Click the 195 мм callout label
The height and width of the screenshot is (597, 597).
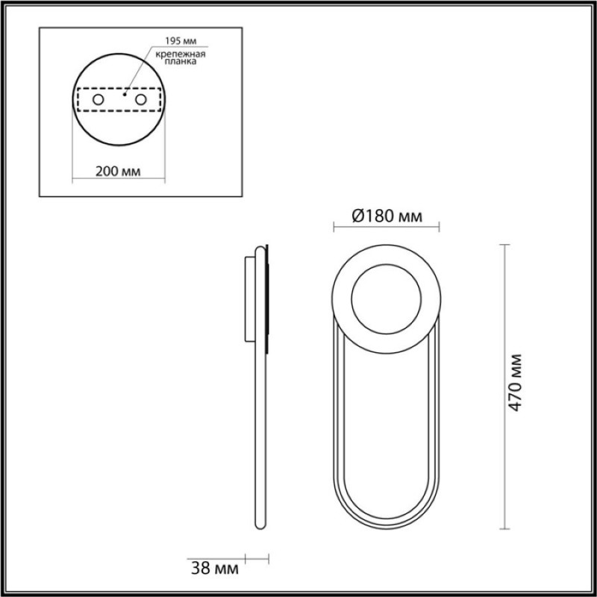[181, 41]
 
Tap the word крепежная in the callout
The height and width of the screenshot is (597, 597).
[181, 54]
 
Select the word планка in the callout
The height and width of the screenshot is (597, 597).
[181, 61]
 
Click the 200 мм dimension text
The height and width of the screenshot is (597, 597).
[118, 172]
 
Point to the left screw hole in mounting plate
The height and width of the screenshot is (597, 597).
[99, 100]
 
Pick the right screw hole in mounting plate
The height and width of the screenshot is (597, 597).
[141, 100]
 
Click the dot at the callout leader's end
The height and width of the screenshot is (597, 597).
[125, 94]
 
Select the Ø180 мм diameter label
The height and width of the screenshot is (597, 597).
[387, 216]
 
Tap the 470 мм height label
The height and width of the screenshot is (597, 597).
[515, 383]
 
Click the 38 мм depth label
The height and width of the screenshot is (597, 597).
[215, 569]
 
